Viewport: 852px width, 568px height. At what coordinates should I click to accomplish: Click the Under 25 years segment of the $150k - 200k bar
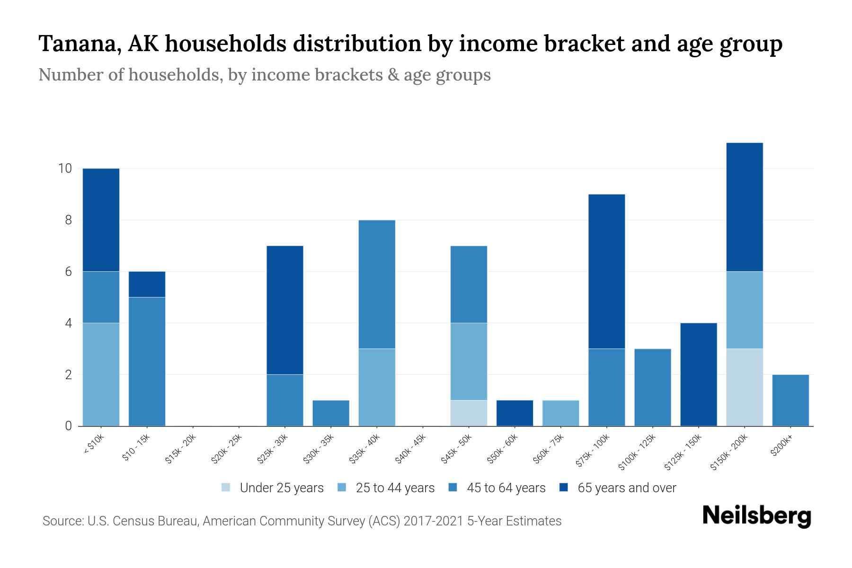(x=744, y=387)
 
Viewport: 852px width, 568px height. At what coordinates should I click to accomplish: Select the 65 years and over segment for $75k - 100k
(x=606, y=271)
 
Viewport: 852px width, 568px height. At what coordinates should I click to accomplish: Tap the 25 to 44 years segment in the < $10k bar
(x=101, y=374)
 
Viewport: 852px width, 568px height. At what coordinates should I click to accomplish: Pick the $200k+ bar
(x=790, y=400)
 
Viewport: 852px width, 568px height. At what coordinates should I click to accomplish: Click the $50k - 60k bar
(x=515, y=413)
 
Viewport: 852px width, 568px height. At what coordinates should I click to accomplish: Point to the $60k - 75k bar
(x=560, y=413)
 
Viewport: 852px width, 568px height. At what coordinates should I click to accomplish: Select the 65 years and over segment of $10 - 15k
(x=147, y=284)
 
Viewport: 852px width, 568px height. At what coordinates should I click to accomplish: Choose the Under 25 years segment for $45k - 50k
(x=469, y=413)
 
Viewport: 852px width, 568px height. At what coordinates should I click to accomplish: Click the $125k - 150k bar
(x=698, y=374)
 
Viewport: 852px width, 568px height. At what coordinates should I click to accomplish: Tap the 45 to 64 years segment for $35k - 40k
(x=377, y=284)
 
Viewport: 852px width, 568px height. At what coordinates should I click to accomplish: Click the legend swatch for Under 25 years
(x=226, y=488)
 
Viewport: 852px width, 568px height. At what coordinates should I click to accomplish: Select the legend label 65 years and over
(x=627, y=488)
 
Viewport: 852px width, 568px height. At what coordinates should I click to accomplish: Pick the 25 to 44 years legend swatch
(x=342, y=488)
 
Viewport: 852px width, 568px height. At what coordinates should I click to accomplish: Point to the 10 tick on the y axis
(x=65, y=169)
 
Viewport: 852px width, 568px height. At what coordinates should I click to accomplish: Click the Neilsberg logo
(x=756, y=516)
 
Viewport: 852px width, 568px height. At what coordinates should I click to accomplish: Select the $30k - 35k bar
(x=331, y=413)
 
